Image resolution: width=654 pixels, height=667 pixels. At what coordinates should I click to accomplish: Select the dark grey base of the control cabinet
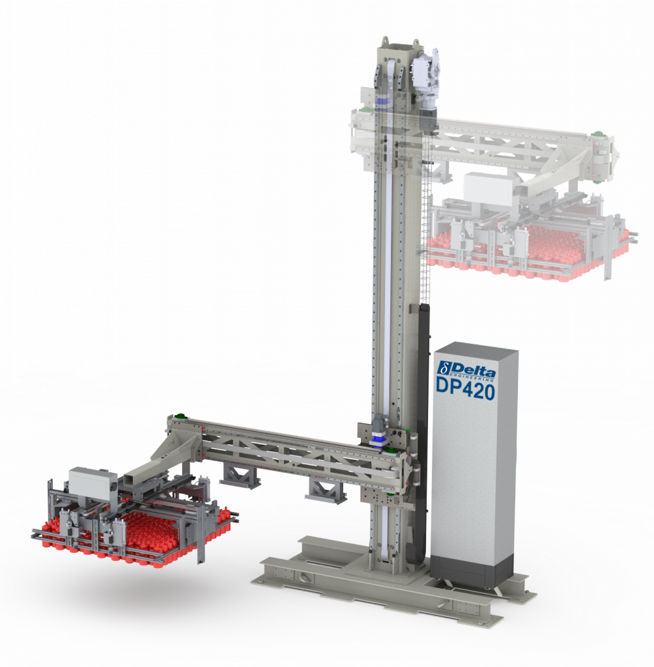[474, 571]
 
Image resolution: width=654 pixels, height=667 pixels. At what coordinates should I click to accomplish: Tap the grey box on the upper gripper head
[489, 190]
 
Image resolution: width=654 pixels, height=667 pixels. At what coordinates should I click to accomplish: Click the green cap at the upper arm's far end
[597, 135]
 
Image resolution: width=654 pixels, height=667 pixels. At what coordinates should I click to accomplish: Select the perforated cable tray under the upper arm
[427, 215]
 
